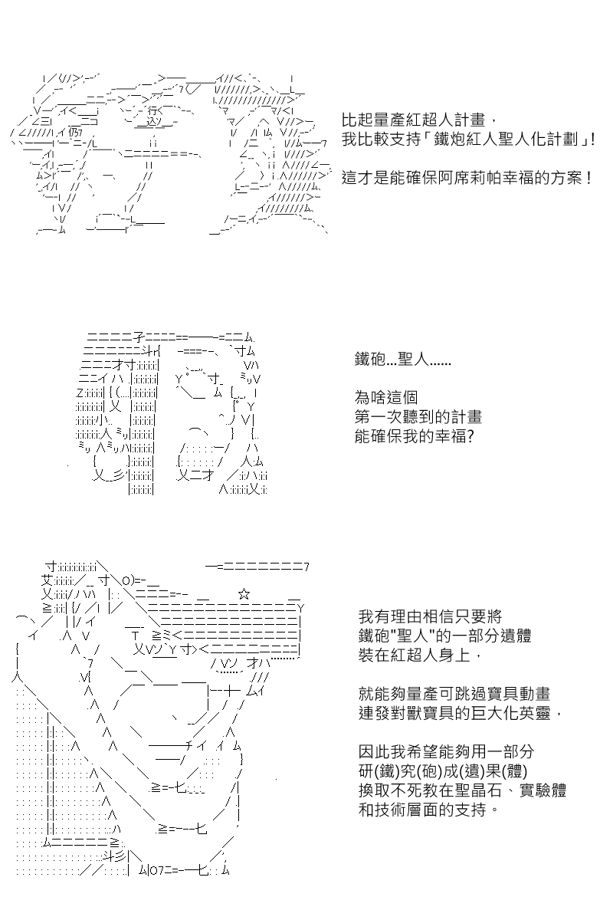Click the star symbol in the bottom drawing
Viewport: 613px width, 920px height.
(243, 593)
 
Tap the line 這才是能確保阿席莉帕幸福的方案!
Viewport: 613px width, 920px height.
(467, 178)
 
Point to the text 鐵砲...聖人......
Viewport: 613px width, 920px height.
(403, 359)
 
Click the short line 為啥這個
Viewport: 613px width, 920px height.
(387, 397)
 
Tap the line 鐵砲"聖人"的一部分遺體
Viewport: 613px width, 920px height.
(444, 636)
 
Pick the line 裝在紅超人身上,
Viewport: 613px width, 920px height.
(421, 655)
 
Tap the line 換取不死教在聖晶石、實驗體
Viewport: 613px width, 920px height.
(462, 790)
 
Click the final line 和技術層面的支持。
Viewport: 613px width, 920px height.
(432, 810)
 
